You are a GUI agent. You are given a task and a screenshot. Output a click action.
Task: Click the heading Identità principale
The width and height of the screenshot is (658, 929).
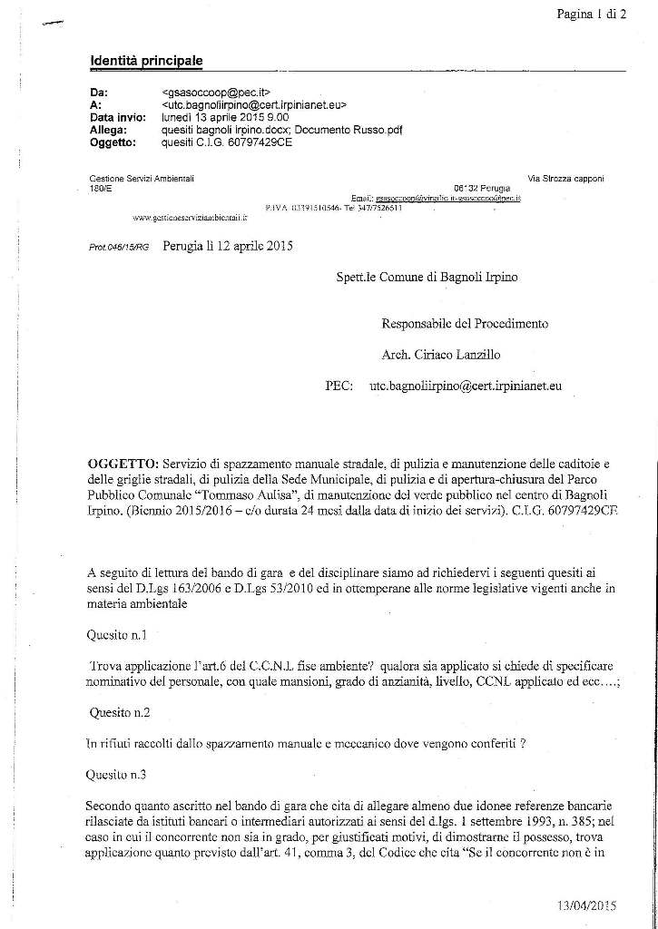pyautogui.click(x=146, y=61)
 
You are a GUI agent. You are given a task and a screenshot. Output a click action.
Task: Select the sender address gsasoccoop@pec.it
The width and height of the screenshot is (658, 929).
pyautogui.click(x=210, y=93)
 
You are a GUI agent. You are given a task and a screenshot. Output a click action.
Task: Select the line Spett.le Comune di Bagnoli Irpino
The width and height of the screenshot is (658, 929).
pyautogui.click(x=426, y=277)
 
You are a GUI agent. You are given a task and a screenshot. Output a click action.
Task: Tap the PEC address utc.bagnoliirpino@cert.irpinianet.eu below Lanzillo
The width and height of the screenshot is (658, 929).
pyautogui.click(x=465, y=386)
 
